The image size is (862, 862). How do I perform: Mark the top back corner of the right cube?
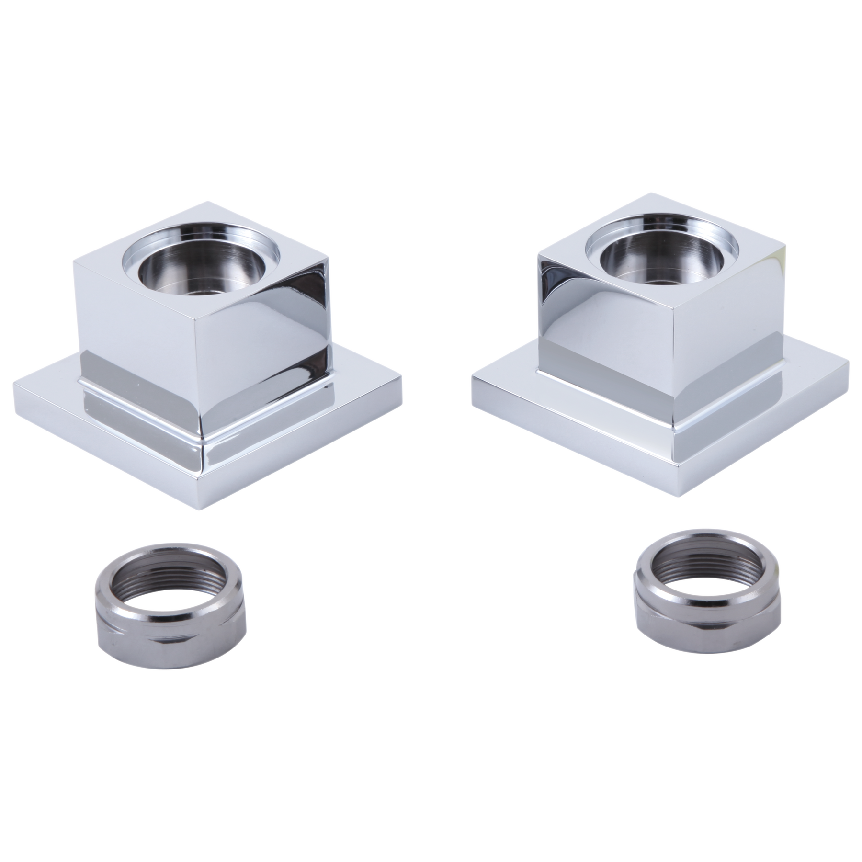tap(654, 192)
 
